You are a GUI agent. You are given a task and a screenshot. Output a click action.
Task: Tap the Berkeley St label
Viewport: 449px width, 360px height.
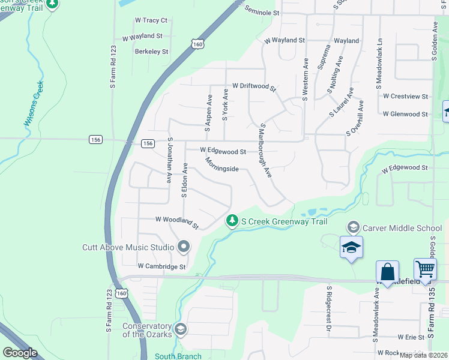pos(151,52)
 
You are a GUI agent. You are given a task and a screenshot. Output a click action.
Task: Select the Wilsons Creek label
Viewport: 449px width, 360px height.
pos(34,103)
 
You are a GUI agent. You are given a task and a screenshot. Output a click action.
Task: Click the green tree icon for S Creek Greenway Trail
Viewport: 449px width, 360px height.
pos(232,221)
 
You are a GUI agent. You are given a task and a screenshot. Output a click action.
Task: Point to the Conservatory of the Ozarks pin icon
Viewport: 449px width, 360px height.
pos(181,329)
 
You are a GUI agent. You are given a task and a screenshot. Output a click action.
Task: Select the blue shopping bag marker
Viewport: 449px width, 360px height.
pos(387,271)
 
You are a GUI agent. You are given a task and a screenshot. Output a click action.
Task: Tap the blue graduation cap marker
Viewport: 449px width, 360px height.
pos(351,248)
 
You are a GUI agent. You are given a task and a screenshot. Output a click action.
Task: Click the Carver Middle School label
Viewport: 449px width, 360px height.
pos(403,228)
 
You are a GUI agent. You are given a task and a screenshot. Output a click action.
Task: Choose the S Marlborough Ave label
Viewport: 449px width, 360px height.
pos(264,151)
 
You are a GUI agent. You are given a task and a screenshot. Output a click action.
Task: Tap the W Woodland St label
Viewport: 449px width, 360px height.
pos(176,223)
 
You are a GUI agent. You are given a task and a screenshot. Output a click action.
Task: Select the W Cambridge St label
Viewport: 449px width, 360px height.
pos(162,266)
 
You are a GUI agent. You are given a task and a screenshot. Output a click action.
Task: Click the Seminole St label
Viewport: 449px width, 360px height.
pos(262,11)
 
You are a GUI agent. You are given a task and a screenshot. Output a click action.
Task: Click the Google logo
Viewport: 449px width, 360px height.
pos(20,353)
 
